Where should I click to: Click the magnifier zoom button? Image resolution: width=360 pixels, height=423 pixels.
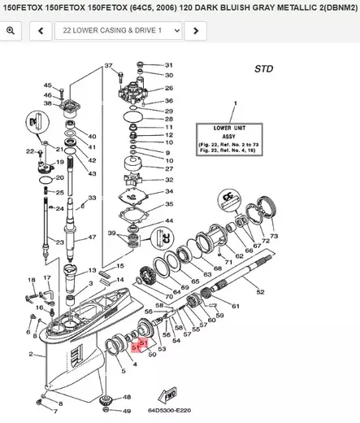tap(11, 31)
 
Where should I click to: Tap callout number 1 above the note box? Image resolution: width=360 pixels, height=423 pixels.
tap(233, 104)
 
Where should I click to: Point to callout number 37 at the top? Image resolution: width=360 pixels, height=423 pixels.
tap(108, 64)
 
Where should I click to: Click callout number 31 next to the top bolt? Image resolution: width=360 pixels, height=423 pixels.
tap(169, 65)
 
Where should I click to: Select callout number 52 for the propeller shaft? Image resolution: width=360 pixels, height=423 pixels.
tap(260, 291)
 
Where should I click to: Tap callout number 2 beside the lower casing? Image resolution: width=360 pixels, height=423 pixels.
tap(31, 354)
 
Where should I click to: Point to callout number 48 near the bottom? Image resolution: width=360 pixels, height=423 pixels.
tap(127, 397)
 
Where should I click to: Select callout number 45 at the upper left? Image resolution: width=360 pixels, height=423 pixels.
tap(47, 85)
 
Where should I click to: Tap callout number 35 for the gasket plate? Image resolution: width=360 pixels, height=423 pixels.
tap(168, 204)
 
